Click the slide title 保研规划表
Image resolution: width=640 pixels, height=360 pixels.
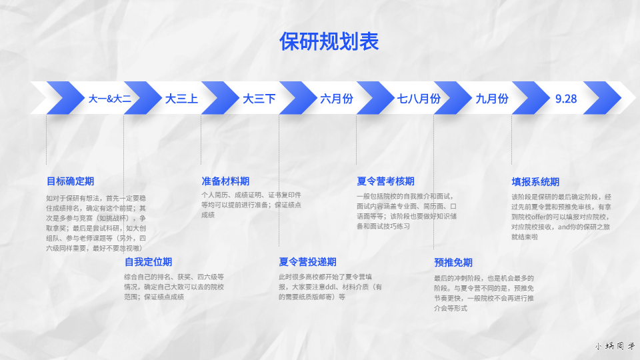pyautogui.click(x=329, y=41)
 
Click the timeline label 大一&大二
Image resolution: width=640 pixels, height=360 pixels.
pyautogui.click(x=110, y=99)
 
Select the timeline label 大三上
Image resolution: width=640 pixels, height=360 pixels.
pyautogui.click(x=181, y=99)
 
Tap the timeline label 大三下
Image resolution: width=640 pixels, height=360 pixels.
pyautogui.click(x=259, y=99)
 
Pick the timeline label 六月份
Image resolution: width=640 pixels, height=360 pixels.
pyautogui.click(x=337, y=99)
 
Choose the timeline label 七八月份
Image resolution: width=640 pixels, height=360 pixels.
pyautogui.click(x=419, y=99)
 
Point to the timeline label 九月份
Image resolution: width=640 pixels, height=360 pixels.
pyautogui.click(x=492, y=99)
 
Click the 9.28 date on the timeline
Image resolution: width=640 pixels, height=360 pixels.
pyautogui.click(x=566, y=99)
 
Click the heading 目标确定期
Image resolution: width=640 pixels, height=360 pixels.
pyautogui.click(x=70, y=181)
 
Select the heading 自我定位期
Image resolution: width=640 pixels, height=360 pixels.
pyautogui.click(x=148, y=261)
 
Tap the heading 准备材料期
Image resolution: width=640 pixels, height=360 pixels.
pyautogui.click(x=225, y=181)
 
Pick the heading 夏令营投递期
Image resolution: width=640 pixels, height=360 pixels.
pyautogui.click(x=307, y=261)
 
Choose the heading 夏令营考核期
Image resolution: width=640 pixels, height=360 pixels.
pyautogui.click(x=385, y=181)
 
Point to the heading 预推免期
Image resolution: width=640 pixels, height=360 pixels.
pyautogui.click(x=453, y=262)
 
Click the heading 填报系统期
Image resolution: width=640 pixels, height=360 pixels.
pyautogui.click(x=535, y=181)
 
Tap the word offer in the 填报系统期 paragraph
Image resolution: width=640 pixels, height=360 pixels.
pyautogui.click(x=539, y=217)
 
